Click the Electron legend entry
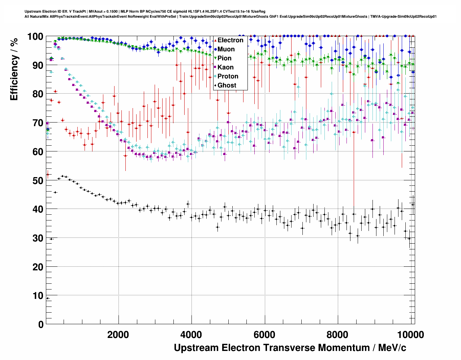tap(230, 40)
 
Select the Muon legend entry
tap(226, 49)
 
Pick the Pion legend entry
tap(224, 58)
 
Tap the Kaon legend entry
tap(225, 67)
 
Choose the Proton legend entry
tap(228, 76)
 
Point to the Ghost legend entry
tap(227, 85)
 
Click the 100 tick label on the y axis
tap(35, 37)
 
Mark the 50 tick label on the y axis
tap(38, 180)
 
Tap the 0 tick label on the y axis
tap(41, 324)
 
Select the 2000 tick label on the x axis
tap(119, 335)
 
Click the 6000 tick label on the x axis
tap(264, 335)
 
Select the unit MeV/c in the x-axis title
tap(392, 348)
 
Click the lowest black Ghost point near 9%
tap(48, 298)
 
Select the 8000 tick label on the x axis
tap(337, 335)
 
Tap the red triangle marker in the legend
tap(215, 40)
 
